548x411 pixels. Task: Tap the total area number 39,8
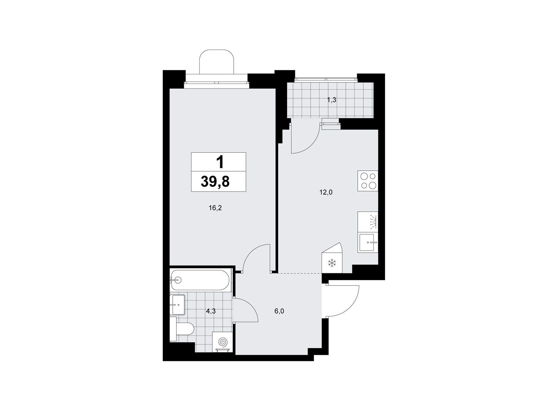click(x=215, y=182)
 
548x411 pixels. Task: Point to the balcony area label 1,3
click(x=332, y=100)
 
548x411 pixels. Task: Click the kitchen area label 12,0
click(x=326, y=192)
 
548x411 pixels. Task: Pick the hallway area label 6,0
click(x=279, y=311)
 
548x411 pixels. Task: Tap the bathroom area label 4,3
click(x=211, y=311)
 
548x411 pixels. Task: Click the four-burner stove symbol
click(x=368, y=181)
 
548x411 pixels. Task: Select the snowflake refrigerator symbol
click(x=332, y=263)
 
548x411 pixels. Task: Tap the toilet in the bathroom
click(x=182, y=329)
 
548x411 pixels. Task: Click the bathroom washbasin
click(x=177, y=305)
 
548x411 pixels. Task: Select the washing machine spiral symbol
click(x=222, y=342)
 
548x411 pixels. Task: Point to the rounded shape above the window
click(x=217, y=61)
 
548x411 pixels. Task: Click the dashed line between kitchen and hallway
click(x=299, y=274)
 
